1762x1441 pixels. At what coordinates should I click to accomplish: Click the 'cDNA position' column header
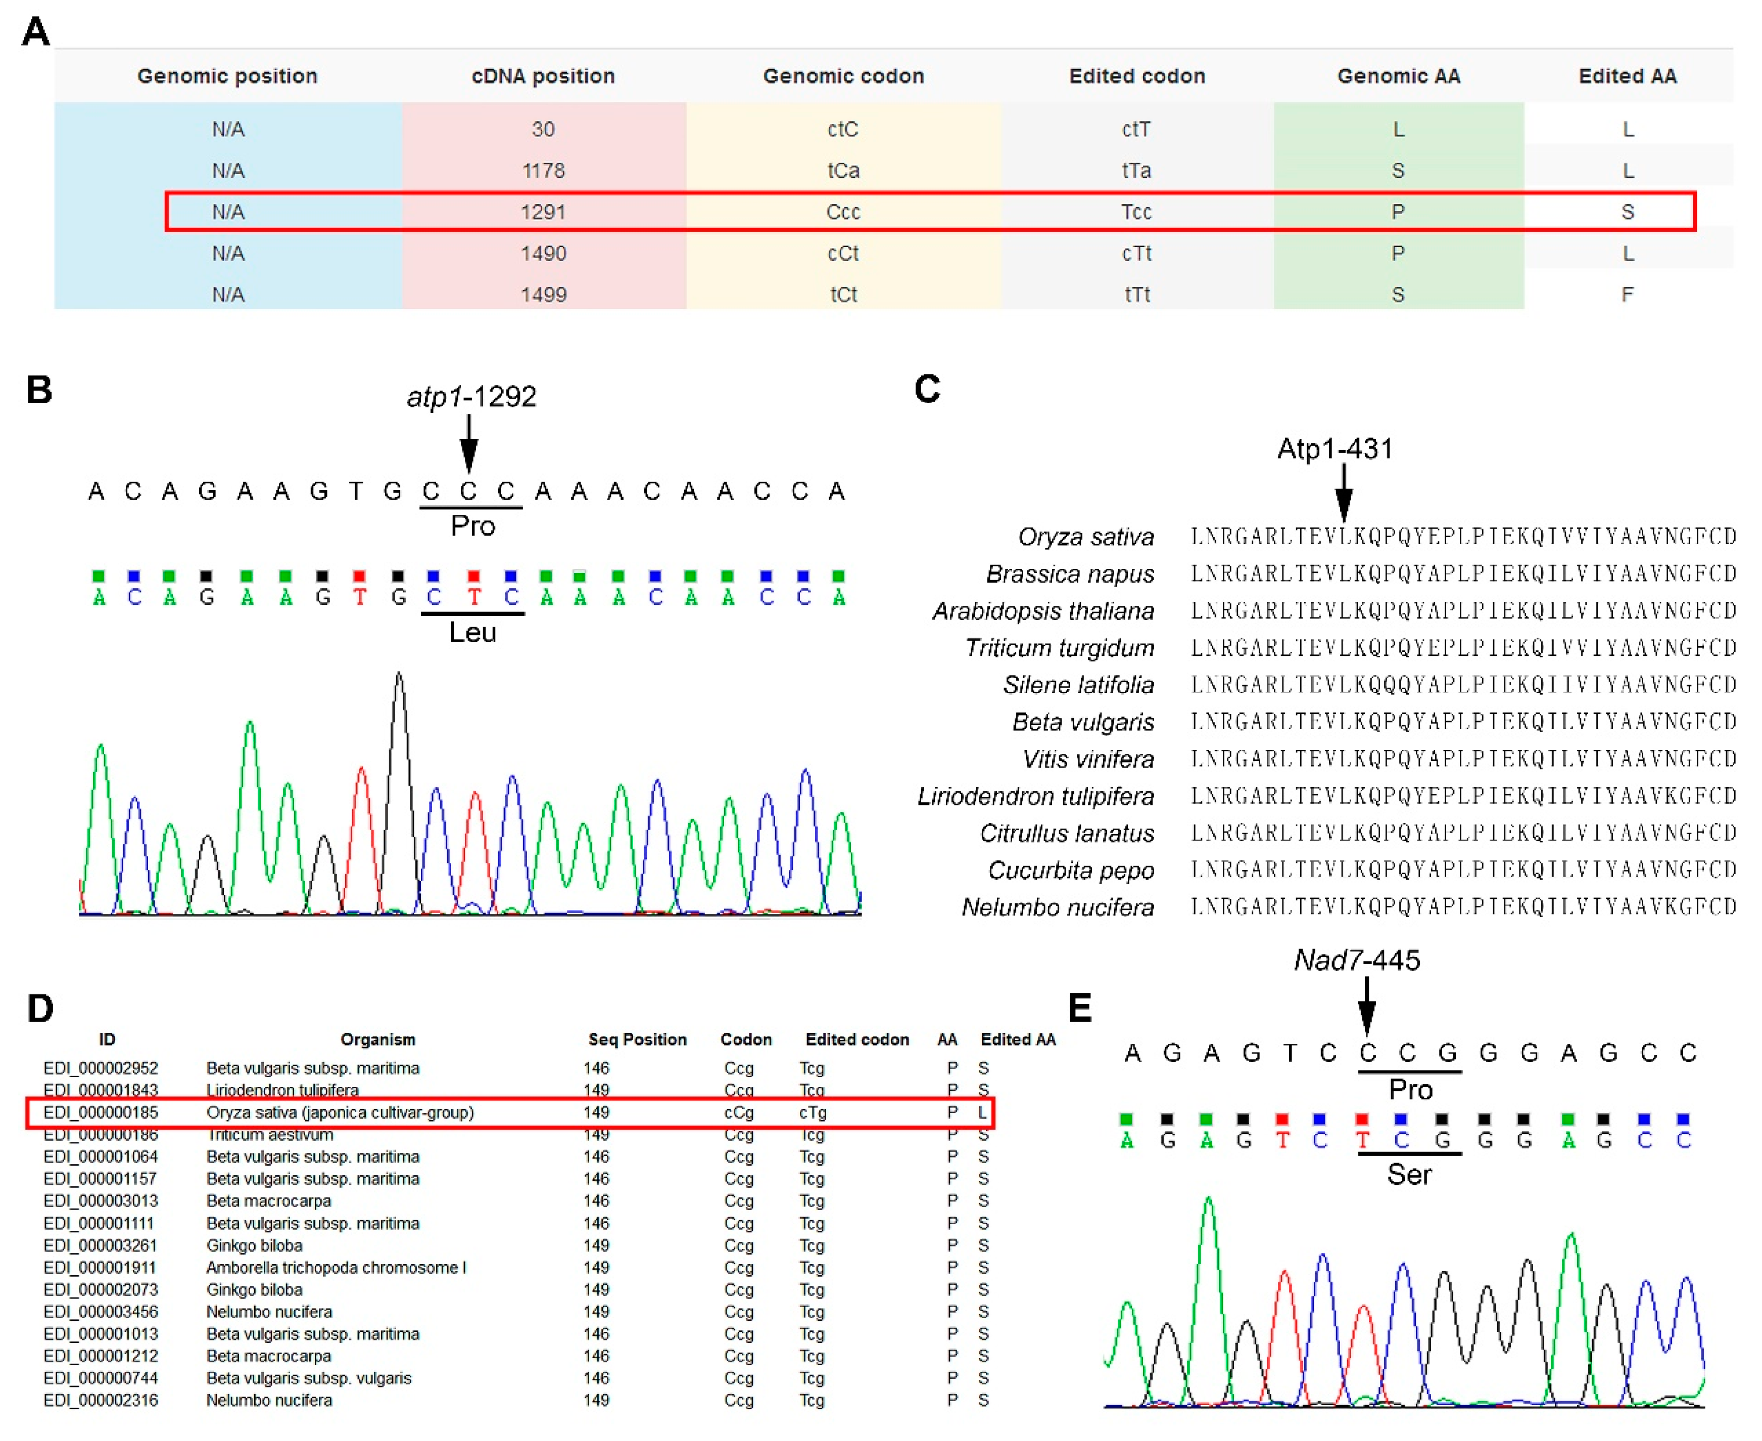(543, 76)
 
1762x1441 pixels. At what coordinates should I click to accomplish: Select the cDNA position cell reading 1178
(543, 171)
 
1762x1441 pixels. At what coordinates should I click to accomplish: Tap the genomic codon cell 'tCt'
(843, 295)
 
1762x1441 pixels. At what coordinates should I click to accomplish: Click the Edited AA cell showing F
(1627, 295)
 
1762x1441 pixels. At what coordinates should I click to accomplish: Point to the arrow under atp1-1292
(469, 444)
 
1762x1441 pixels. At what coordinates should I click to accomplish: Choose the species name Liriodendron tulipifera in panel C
(1035, 797)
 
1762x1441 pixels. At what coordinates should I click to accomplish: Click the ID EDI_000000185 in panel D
(101, 1112)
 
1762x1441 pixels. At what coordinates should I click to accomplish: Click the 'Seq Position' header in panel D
(637, 1040)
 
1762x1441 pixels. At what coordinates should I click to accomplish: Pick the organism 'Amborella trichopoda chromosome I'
(336, 1268)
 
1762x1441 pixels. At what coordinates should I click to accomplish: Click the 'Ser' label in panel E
(1409, 1175)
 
